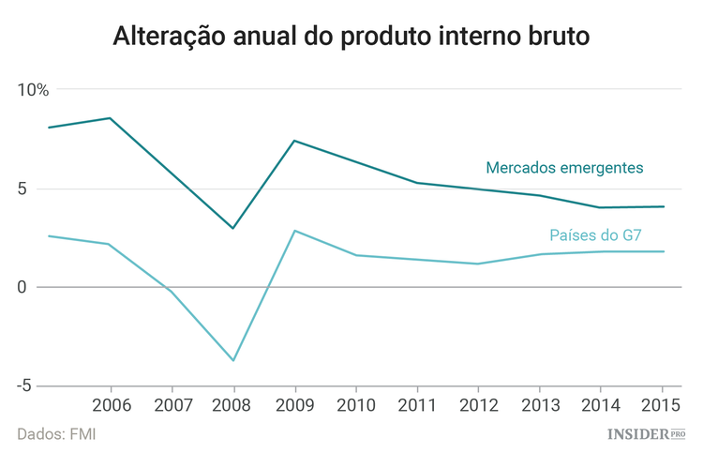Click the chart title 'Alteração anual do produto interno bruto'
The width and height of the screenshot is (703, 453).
pyautogui.click(x=351, y=37)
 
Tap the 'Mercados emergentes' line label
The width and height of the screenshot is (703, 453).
pyautogui.click(x=564, y=168)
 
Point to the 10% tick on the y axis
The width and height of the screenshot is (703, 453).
pyautogui.click(x=33, y=90)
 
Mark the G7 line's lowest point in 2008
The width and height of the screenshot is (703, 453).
pyautogui.click(x=233, y=360)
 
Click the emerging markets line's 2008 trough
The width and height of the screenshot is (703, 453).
pyautogui.click(x=233, y=228)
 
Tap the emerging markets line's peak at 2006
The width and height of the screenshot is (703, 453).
pyautogui.click(x=111, y=118)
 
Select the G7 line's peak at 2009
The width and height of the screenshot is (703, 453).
pyautogui.click(x=295, y=231)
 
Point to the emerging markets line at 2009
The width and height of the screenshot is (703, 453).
pyautogui.click(x=295, y=141)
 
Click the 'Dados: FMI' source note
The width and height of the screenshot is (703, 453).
pyautogui.click(x=56, y=434)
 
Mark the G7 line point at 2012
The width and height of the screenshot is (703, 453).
pyautogui.click(x=478, y=264)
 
